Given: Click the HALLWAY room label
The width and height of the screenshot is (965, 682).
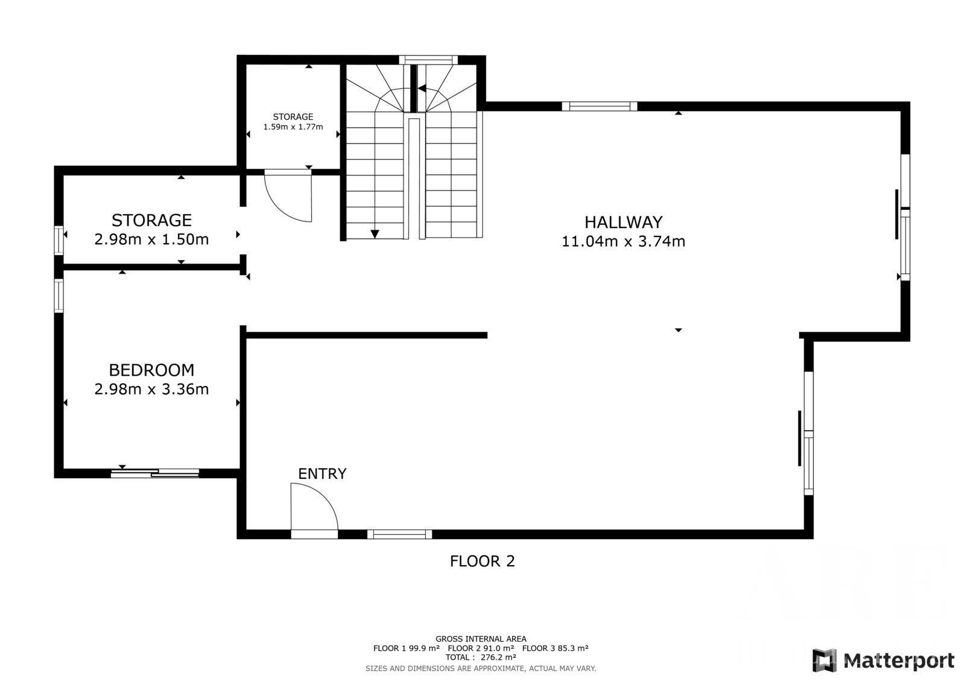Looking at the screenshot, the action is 623,223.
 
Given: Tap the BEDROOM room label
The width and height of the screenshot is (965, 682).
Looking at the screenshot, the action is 151,370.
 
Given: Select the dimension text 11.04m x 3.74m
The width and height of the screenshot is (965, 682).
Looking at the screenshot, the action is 623,241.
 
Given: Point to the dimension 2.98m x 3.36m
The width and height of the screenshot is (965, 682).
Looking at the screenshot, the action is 151,389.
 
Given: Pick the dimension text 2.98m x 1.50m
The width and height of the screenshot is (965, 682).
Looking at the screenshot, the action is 151,239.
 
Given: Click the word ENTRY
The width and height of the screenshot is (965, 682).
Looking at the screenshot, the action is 322,474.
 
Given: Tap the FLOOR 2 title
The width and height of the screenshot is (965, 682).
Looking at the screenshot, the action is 482,561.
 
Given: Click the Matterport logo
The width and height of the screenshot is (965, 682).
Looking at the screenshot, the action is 883,660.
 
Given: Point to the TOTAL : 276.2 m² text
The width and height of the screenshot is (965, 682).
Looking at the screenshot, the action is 481,657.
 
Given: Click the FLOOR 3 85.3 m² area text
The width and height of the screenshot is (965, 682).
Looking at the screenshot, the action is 555,648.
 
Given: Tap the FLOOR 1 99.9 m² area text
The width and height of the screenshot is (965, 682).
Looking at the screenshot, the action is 407,648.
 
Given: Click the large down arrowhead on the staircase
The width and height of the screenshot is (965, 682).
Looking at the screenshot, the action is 375,234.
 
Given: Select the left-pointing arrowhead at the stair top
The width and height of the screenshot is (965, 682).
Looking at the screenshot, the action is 422,88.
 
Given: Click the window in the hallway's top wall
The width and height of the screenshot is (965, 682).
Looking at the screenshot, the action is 600,106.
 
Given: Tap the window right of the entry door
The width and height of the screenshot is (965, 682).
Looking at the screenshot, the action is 399,534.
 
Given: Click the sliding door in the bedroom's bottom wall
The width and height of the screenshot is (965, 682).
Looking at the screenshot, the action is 155,473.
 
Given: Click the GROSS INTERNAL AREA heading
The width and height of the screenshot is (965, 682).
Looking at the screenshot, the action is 481,639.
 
